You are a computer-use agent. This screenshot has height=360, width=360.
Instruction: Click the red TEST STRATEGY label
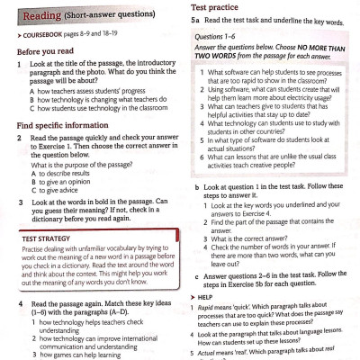[x=45, y=238]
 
